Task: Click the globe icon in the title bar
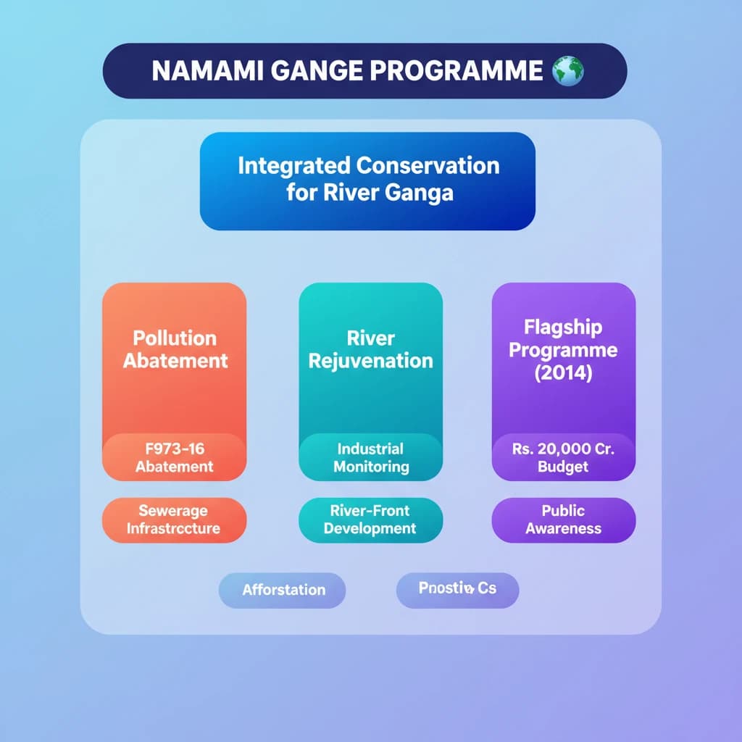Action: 567,71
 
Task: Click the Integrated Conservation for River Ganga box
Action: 367,181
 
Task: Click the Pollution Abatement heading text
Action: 175,349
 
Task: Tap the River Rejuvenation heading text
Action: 370,349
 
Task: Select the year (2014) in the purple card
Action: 563,372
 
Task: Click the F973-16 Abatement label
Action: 174,457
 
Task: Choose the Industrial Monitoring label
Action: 370,457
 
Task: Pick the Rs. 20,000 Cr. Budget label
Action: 563,457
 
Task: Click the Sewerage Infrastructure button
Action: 174,520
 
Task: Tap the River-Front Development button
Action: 370,520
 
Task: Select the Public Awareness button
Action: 563,520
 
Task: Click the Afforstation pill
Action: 283,590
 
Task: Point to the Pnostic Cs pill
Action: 457,589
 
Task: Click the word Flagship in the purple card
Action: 563,327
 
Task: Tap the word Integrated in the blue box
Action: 294,165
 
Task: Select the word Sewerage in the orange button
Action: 173,511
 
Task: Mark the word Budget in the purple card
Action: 563,467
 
